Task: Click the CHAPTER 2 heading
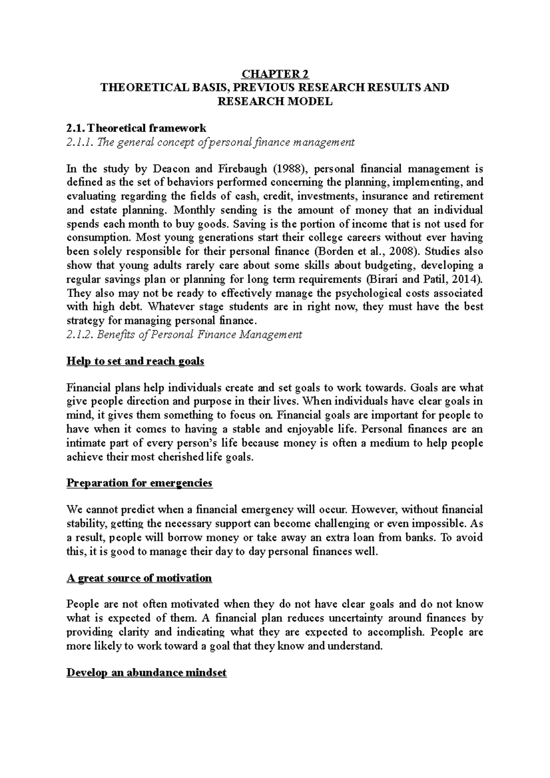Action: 275,74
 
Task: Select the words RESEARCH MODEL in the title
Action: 275,101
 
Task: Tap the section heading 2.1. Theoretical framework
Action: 136,128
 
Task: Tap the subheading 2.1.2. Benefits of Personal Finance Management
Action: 184,334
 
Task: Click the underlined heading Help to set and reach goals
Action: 135,361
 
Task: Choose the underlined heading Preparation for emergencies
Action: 139,483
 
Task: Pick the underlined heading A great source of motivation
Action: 139,578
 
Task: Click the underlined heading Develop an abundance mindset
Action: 146,673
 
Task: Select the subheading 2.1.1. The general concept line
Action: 210,142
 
